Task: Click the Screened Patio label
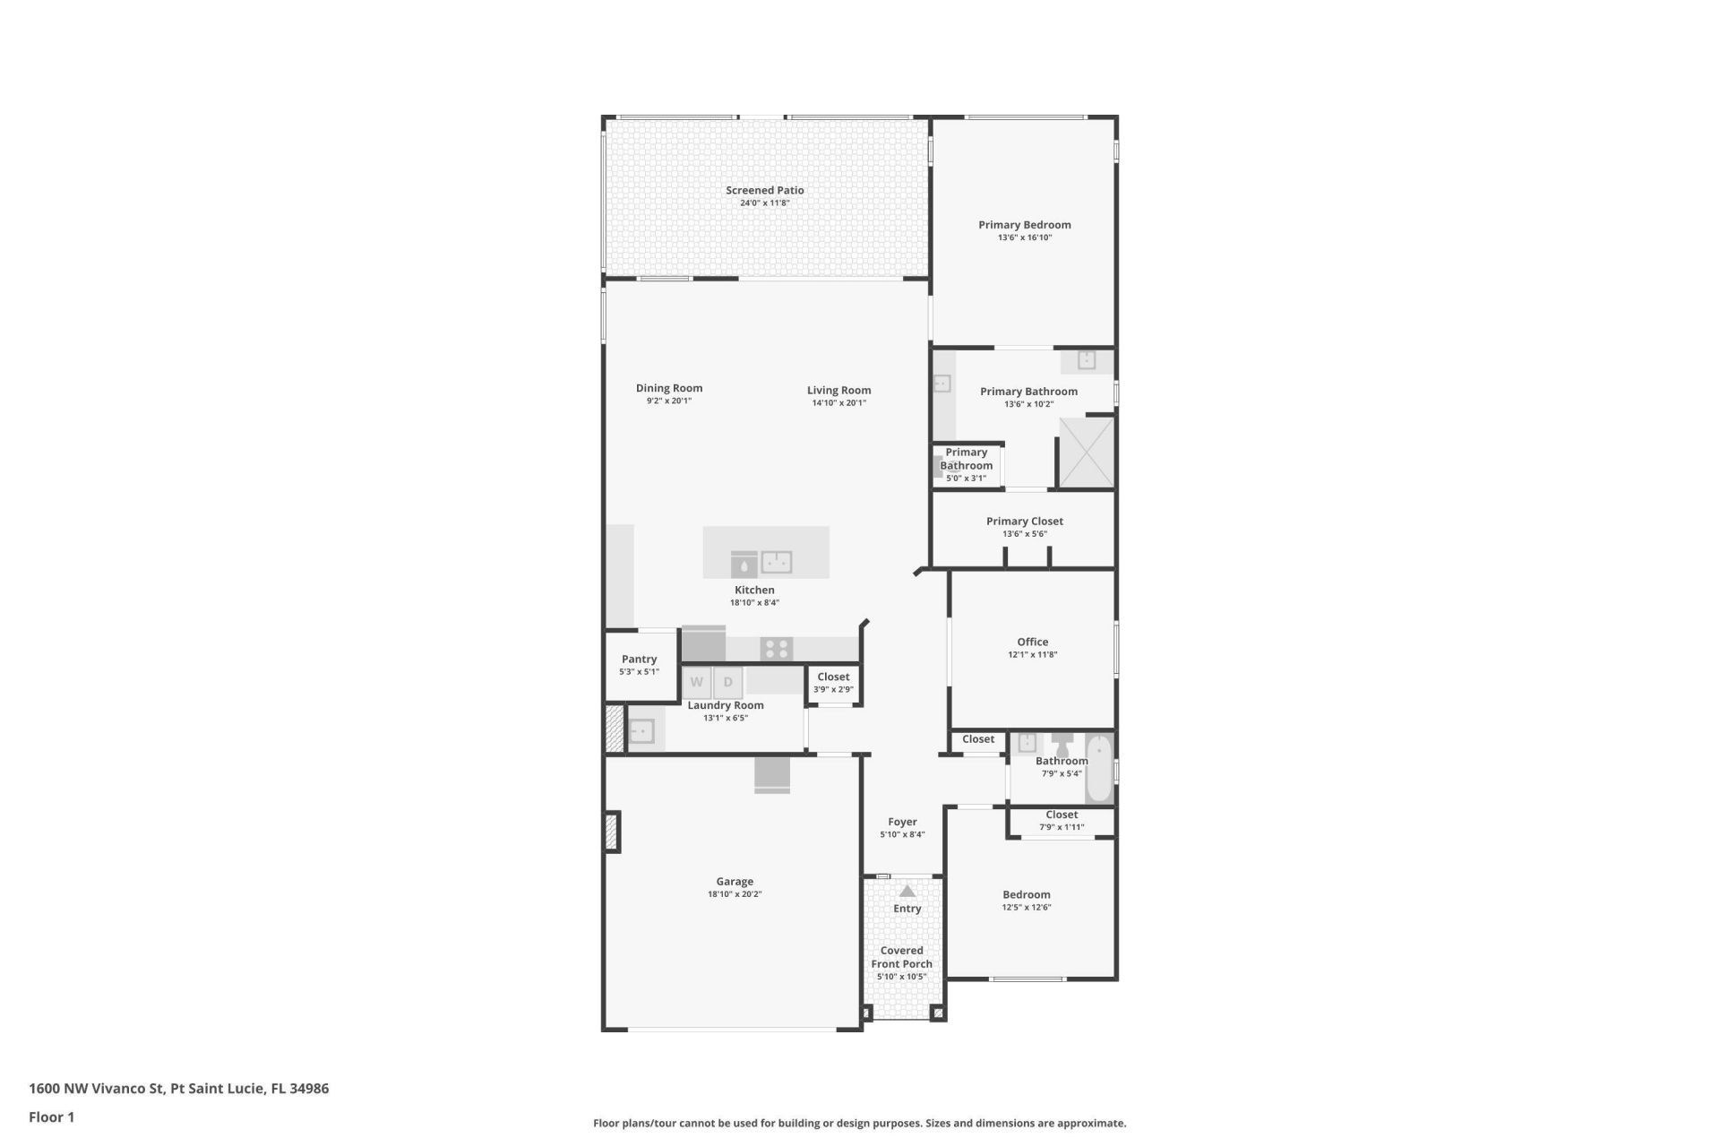(764, 190)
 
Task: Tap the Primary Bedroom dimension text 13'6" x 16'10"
(1024, 237)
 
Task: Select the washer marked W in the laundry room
(697, 683)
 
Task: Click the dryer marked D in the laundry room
(728, 683)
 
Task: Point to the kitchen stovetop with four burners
(776, 649)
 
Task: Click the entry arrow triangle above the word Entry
(907, 891)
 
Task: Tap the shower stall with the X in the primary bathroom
(1087, 453)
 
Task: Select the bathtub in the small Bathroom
(1098, 769)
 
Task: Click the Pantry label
(639, 659)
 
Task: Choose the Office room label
(1032, 642)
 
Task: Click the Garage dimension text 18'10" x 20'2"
(734, 894)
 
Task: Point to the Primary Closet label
(1024, 521)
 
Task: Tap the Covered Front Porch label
(901, 957)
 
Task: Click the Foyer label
(902, 822)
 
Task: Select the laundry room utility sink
(641, 731)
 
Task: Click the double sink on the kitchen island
(776, 563)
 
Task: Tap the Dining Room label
(668, 388)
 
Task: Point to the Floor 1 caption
(51, 1117)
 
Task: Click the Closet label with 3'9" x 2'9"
(832, 677)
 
